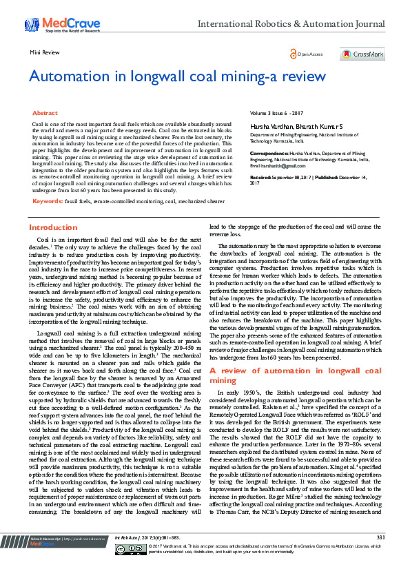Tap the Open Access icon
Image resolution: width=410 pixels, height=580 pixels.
click(293, 53)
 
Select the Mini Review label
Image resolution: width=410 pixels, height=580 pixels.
click(43, 52)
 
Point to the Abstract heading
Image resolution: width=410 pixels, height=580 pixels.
click(45, 112)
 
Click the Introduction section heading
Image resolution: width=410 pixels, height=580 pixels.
click(52, 227)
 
